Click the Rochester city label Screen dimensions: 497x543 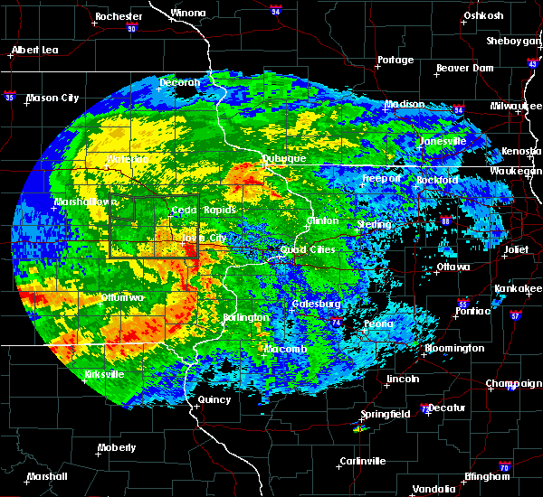[119, 16]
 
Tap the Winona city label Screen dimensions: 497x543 [188, 14]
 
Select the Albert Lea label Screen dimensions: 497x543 [35, 50]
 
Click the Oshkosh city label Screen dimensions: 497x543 [482, 15]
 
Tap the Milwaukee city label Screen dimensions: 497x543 [515, 106]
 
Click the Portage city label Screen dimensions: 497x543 [395, 61]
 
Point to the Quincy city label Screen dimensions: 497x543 [214, 399]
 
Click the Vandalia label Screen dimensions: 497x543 [433, 489]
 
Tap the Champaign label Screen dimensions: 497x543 [513, 384]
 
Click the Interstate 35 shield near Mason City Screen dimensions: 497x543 [9, 94]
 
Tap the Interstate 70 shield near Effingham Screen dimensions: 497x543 [505, 475]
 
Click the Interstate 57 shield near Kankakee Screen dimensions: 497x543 [515, 316]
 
